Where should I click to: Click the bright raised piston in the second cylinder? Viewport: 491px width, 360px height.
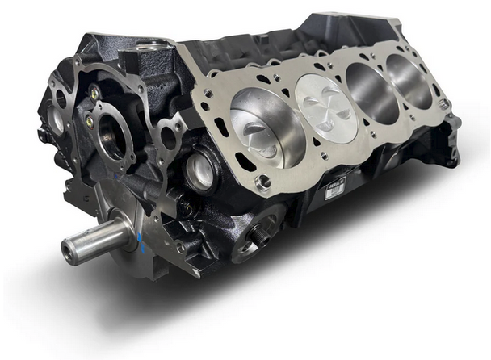click(325, 101)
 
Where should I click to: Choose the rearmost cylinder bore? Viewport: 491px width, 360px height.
click(410, 77)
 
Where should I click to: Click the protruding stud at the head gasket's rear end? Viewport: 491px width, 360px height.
click(443, 103)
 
